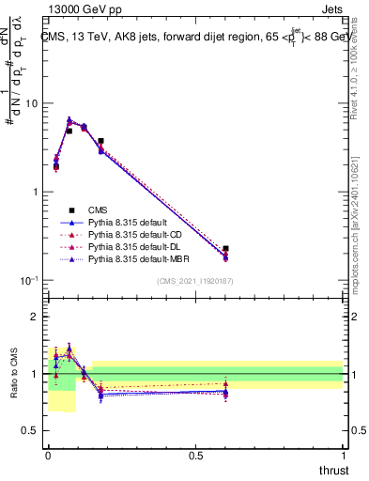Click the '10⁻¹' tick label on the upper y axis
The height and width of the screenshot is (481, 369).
click(28, 281)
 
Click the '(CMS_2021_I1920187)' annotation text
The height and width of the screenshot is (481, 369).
click(193, 281)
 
